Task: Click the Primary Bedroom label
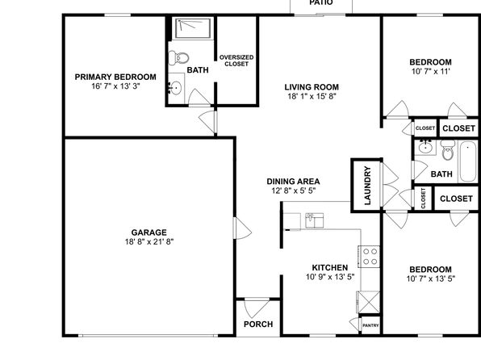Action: (x=115, y=77)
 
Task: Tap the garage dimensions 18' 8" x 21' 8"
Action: (x=149, y=242)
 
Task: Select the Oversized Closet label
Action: (x=236, y=61)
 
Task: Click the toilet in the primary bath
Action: (x=178, y=57)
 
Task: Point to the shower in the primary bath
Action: (x=193, y=28)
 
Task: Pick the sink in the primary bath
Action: (x=175, y=89)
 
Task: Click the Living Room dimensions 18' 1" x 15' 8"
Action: (x=312, y=96)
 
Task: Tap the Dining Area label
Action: (x=293, y=182)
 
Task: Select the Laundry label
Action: (x=367, y=186)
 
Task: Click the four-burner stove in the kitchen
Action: (x=370, y=257)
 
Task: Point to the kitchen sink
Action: (x=315, y=220)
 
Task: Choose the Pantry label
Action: (x=370, y=325)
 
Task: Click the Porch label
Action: (x=258, y=324)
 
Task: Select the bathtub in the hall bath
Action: (x=468, y=161)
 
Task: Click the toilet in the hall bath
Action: (x=448, y=150)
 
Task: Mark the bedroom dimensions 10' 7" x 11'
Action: (x=430, y=72)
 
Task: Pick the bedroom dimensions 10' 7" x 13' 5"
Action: (x=431, y=278)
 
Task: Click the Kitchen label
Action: (x=330, y=267)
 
